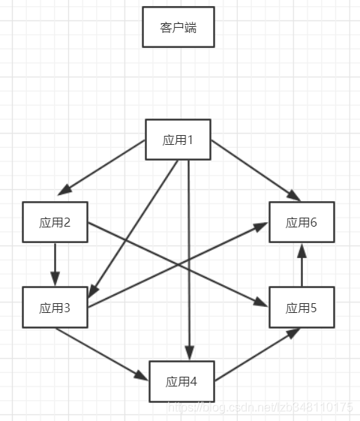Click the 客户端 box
click(178, 27)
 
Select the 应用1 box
click(178, 140)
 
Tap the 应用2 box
click(55, 222)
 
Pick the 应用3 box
click(55, 308)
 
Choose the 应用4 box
click(182, 381)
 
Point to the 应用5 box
click(301, 308)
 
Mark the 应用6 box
click(301, 222)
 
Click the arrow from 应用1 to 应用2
click(101, 167)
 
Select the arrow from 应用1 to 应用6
click(256, 170)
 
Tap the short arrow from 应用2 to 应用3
click(55, 264)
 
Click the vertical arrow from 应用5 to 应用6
click(301, 265)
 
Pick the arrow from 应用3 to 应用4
click(101, 354)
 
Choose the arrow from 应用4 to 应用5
click(257, 354)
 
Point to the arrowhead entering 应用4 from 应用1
click(190, 353)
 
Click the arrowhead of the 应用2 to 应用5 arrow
click(260, 302)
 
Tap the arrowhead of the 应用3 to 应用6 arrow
click(260, 227)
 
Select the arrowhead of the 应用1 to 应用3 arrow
click(93, 290)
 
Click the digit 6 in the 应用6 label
click(313, 222)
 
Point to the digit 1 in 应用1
click(190, 140)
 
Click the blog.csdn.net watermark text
click(259, 407)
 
